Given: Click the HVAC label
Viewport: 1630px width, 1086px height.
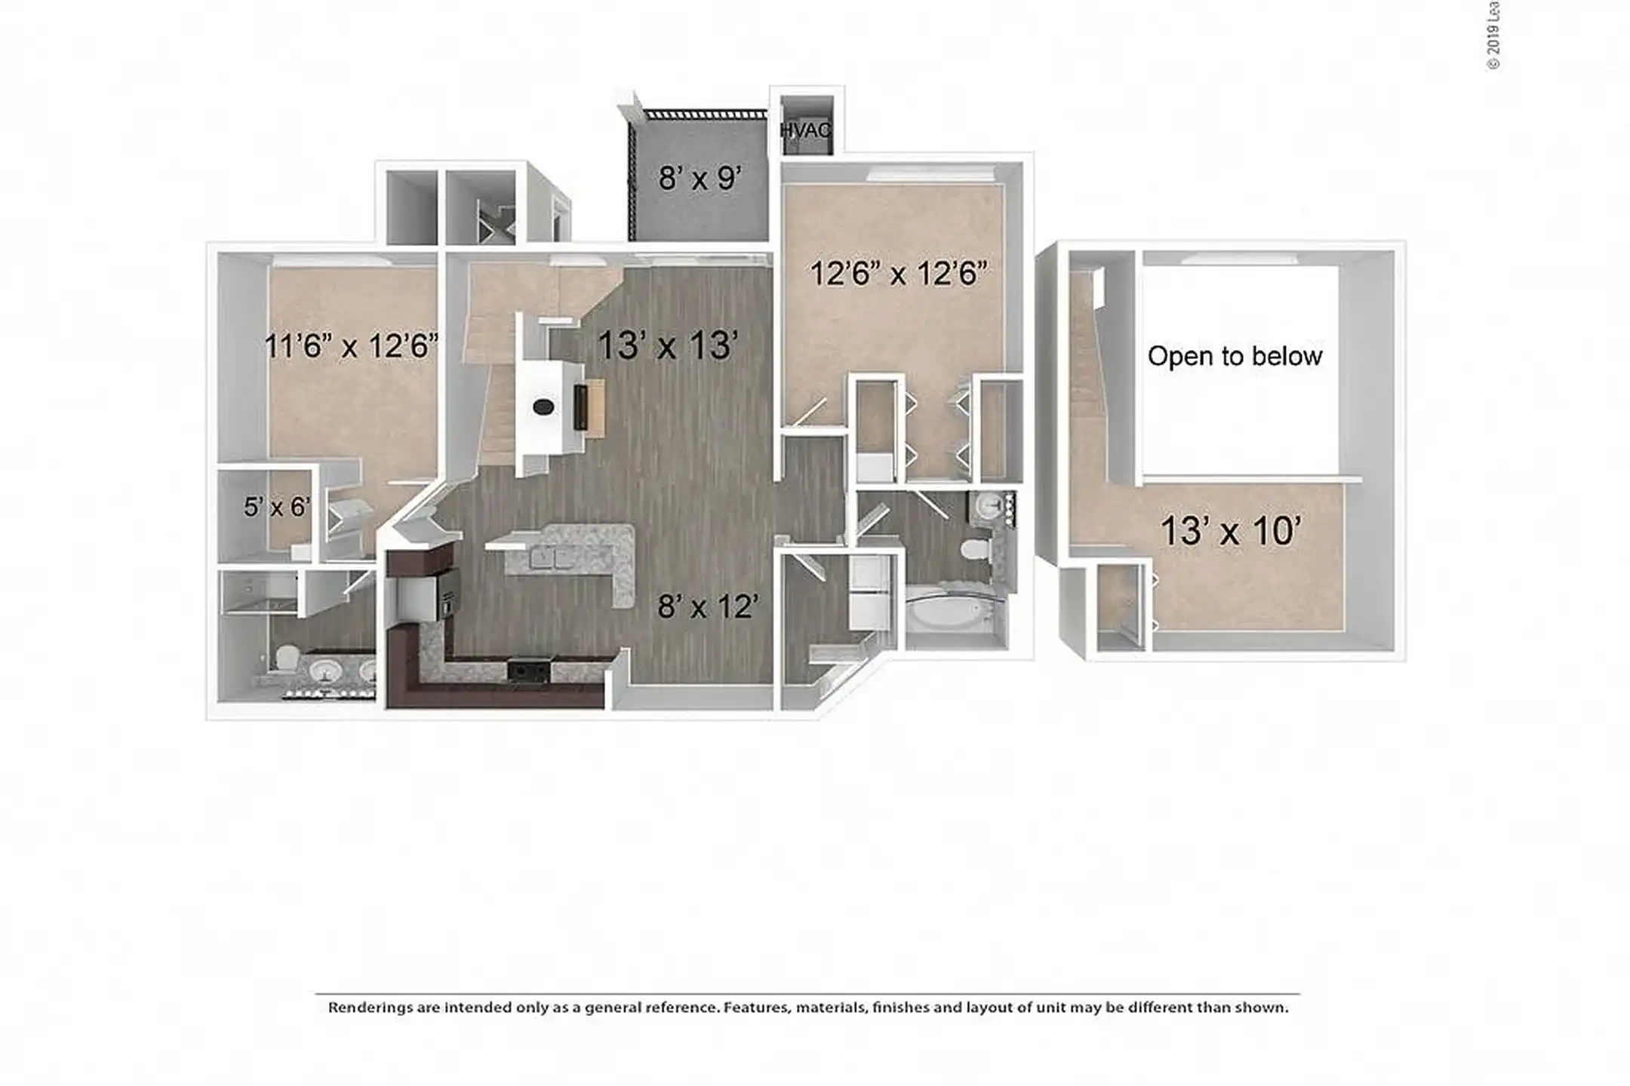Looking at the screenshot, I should click(805, 130).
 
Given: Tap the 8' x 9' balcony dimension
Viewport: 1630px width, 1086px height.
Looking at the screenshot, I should click(700, 179).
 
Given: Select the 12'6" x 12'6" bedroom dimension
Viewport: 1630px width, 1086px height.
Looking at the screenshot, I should click(898, 273).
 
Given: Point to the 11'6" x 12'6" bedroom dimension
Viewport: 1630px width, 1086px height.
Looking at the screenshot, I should click(351, 347).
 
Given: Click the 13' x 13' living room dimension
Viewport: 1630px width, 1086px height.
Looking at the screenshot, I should click(667, 346).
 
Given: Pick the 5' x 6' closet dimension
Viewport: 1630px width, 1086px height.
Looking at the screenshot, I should click(277, 507).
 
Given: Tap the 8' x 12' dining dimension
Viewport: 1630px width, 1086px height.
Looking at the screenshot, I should click(708, 606).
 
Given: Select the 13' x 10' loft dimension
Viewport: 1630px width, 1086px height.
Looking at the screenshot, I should click(1230, 531).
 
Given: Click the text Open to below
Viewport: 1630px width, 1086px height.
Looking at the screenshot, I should click(1235, 356).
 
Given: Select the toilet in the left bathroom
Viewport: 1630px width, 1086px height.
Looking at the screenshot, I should click(286, 658).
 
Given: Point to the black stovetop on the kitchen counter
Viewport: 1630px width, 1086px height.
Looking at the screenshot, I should click(528, 669).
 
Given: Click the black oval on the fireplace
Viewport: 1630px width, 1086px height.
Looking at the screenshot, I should click(543, 407).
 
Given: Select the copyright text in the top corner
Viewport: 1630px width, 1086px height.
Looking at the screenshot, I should click(1493, 35).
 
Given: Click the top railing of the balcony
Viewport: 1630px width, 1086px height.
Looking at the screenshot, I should click(705, 115).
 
